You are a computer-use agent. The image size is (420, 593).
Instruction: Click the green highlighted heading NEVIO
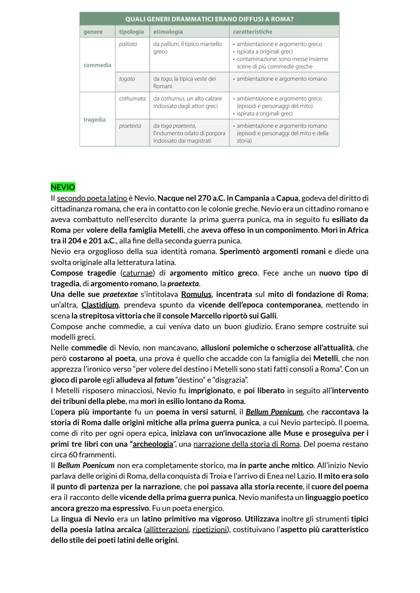click(63, 187)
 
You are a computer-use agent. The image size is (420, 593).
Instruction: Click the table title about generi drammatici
click(209, 19)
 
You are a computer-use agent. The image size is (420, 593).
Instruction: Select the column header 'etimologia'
click(168, 31)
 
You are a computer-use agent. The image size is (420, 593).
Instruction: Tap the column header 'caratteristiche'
click(252, 31)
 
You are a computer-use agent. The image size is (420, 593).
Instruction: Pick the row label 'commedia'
click(97, 65)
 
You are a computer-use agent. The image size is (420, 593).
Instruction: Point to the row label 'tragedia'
click(94, 119)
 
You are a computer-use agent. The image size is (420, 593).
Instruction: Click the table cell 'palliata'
click(128, 44)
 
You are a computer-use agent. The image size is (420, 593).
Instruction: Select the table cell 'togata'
click(127, 79)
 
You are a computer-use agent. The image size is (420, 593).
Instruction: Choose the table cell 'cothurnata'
click(132, 98)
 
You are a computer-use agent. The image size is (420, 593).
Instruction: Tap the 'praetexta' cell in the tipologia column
click(130, 126)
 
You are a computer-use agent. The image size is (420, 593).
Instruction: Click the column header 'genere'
click(93, 31)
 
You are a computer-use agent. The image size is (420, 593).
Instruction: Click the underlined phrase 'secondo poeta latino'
click(92, 198)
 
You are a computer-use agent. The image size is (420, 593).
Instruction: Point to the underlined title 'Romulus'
click(196, 294)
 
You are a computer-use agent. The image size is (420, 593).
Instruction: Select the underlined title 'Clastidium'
click(100, 305)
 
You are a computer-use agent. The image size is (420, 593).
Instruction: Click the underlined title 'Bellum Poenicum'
click(274, 412)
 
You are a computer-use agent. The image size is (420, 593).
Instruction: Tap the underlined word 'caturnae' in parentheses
click(138, 273)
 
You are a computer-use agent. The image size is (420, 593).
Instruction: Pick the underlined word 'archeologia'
click(153, 444)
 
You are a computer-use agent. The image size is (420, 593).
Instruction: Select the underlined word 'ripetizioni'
click(209, 530)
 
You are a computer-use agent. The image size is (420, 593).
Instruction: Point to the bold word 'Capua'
click(287, 198)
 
